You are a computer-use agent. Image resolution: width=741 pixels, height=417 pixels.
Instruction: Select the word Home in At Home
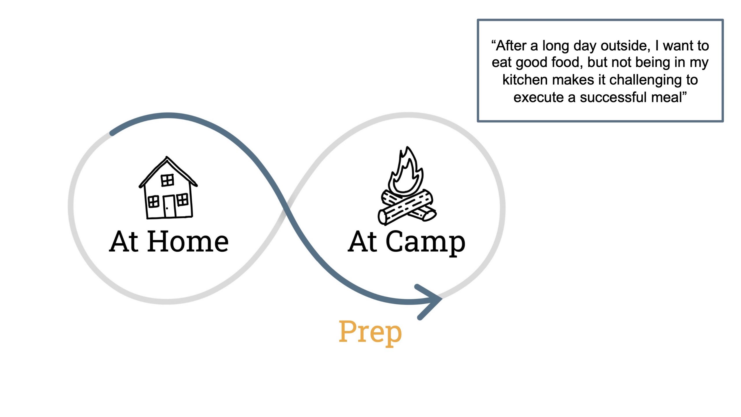(188, 242)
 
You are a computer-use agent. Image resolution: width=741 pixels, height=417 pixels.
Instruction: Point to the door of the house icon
(169, 206)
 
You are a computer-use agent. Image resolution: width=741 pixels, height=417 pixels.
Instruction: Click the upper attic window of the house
(167, 180)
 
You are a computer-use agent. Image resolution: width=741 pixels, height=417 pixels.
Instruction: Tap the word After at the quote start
(511, 46)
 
